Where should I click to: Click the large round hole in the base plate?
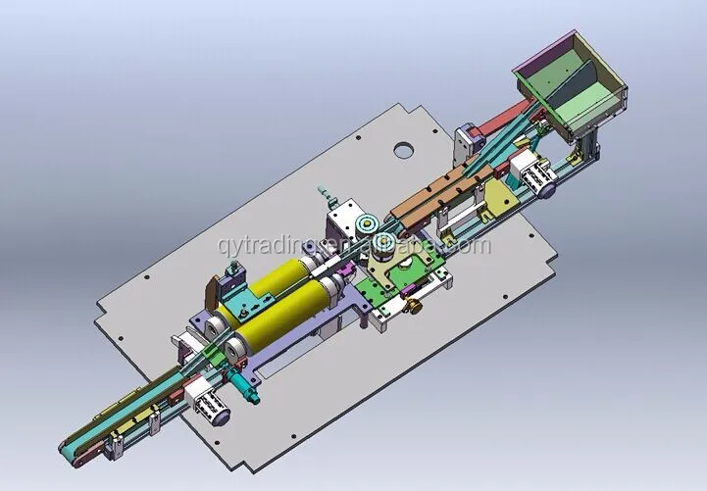pyautogui.click(x=401, y=151)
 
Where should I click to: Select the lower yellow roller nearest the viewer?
pyautogui.click(x=284, y=312)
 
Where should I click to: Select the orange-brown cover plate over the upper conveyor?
pyautogui.click(x=436, y=192)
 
